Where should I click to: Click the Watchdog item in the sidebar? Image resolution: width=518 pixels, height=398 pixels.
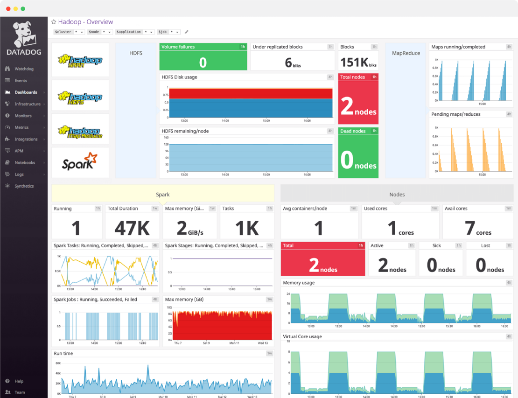pos(24,69)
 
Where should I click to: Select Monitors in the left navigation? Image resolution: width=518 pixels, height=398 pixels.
pos(23,116)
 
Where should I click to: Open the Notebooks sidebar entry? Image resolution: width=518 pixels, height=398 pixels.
pos(25,163)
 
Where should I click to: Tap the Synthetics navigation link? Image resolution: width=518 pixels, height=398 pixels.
pos(24,186)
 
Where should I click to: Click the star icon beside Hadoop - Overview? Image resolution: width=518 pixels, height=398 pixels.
pos(54,22)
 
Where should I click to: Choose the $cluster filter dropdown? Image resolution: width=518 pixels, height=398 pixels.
pos(69,32)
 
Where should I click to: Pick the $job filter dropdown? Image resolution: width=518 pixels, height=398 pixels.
pos(168,32)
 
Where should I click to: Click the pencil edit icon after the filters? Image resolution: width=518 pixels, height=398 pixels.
pos(187,32)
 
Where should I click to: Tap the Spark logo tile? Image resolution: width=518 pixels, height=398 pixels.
pos(80,162)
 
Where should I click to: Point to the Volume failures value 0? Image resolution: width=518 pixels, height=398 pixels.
pos(203,63)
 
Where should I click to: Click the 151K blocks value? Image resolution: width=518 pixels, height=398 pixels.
pos(354,63)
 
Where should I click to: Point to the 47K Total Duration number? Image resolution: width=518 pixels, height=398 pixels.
pos(132,228)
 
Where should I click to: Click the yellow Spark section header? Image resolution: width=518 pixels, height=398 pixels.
pos(162,194)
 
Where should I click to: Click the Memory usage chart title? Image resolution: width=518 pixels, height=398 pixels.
pos(299,283)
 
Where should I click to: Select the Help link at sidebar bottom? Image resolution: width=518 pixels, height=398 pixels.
pos(19,381)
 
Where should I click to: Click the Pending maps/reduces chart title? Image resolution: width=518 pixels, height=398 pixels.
pos(455,114)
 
